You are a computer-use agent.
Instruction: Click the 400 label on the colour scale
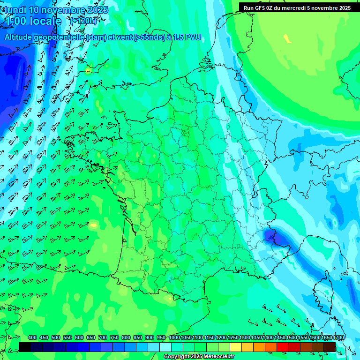pos(32,337)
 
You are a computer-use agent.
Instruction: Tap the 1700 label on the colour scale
pos(327,337)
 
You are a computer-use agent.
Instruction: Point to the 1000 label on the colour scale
pos(174,337)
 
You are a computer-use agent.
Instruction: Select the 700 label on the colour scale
pos(103,337)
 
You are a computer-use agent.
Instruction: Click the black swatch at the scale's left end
pos(25,347)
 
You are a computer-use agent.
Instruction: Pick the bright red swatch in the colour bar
pos(283,347)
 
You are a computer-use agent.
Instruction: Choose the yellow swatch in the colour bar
pos(236,347)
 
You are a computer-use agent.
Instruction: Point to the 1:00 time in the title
pos(15,21)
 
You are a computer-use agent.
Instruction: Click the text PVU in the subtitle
pos(193,37)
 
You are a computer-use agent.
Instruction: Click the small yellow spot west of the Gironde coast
pos(93,225)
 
